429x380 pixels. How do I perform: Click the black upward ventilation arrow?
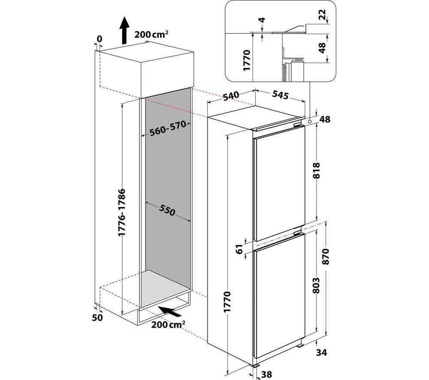pyautogui.click(x=124, y=30)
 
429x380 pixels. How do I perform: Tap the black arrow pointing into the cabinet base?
pyautogui.click(x=170, y=311)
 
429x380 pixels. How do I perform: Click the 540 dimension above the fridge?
pyautogui.click(x=231, y=96)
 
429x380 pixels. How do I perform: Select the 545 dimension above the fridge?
pyautogui.click(x=281, y=95)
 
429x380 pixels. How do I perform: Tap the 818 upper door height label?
pyautogui.click(x=316, y=171)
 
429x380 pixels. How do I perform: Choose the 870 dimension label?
pyautogui.click(x=326, y=257)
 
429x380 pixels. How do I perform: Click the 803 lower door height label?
pyautogui.click(x=316, y=285)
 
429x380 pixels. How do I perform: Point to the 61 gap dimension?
pyautogui.click(x=239, y=249)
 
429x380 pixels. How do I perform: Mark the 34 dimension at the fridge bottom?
pyautogui.click(x=321, y=353)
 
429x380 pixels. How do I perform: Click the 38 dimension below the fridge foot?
pyautogui.click(x=267, y=374)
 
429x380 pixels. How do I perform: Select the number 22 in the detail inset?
pyautogui.click(x=323, y=14)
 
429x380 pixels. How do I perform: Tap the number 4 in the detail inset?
pyautogui.click(x=262, y=20)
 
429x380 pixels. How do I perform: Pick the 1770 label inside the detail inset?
pyautogui.click(x=247, y=60)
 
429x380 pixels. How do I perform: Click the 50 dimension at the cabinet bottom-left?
pyautogui.click(x=97, y=318)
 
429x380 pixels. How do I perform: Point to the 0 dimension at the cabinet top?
pyautogui.click(x=100, y=39)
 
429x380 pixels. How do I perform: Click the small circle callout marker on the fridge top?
pyautogui.click(x=309, y=121)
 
